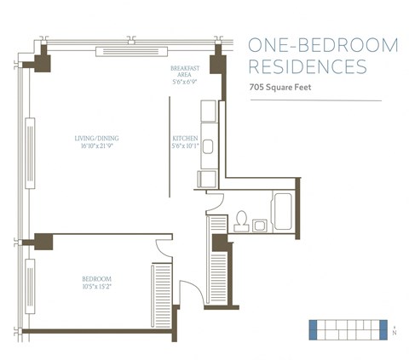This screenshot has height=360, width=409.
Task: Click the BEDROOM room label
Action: (x=95, y=277)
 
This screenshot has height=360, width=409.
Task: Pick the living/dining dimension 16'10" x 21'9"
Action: (x=95, y=145)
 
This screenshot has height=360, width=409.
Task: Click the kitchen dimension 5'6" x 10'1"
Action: (x=185, y=145)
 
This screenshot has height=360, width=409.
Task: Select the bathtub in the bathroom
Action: (x=282, y=210)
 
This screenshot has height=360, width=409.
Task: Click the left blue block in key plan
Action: (x=312, y=329)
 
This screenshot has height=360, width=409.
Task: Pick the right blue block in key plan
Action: (x=383, y=329)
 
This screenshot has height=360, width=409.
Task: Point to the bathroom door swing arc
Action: (x=215, y=203)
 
